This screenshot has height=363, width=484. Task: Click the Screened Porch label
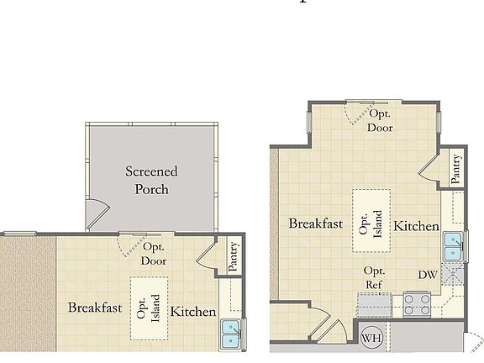tap(152, 180)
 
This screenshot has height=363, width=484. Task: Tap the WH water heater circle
tap(371, 339)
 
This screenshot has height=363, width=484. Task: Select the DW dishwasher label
tap(428, 275)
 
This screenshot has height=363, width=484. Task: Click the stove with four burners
tap(417, 303)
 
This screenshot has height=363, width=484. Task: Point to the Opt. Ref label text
tap(374, 277)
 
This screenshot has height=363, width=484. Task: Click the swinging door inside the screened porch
tap(97, 216)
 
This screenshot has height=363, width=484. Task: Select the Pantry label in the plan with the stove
tap(455, 168)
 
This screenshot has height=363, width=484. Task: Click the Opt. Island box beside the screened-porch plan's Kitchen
tap(148, 308)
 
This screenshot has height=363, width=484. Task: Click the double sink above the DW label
tap(454, 247)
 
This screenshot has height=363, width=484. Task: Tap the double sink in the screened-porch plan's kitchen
tap(229, 334)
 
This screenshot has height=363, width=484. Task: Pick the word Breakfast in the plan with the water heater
tap(316, 224)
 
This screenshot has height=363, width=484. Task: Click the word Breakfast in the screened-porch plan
tap(95, 308)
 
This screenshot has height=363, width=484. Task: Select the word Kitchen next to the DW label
tap(417, 226)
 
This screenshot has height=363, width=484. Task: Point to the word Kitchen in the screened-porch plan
tap(193, 312)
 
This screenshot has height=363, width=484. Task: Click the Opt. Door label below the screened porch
tap(154, 254)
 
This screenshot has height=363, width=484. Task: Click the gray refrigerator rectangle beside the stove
tap(374, 303)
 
